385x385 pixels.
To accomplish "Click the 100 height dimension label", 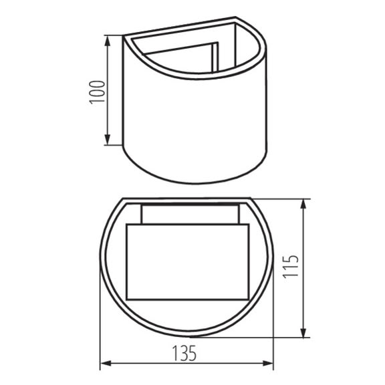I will [x=98, y=90].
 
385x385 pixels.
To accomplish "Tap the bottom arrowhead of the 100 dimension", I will [x=108, y=141].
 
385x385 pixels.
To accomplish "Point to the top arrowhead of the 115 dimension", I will [x=305, y=203].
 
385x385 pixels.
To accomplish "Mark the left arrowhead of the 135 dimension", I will [x=104, y=366].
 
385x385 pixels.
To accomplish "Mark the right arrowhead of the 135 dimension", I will [x=271, y=366].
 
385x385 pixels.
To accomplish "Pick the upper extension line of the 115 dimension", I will [x=281, y=198].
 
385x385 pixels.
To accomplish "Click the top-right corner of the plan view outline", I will [x=252, y=199].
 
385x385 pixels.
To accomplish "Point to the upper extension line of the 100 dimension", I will [x=115, y=35].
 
